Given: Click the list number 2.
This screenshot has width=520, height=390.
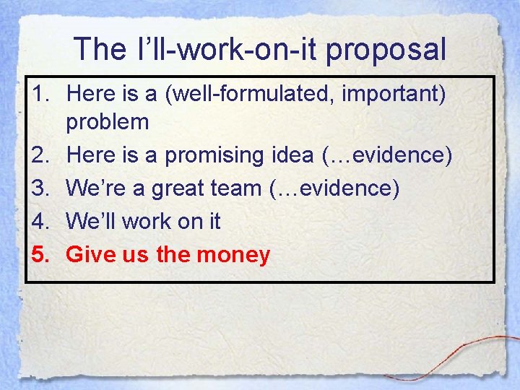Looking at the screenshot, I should point(43,155).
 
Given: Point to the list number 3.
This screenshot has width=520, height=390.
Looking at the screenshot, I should point(43,188).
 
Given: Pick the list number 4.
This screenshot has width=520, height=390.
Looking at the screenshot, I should point(43,221).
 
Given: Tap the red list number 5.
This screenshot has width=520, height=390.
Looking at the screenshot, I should point(43,254).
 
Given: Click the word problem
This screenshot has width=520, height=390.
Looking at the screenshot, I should point(108,121).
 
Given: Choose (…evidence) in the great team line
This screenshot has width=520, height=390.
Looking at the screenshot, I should point(334,188).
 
